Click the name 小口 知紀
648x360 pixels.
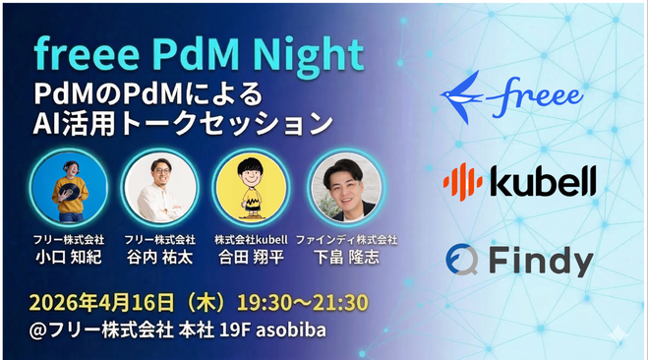(69, 257)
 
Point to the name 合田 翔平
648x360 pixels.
(251, 257)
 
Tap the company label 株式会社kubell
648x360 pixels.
(251, 239)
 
